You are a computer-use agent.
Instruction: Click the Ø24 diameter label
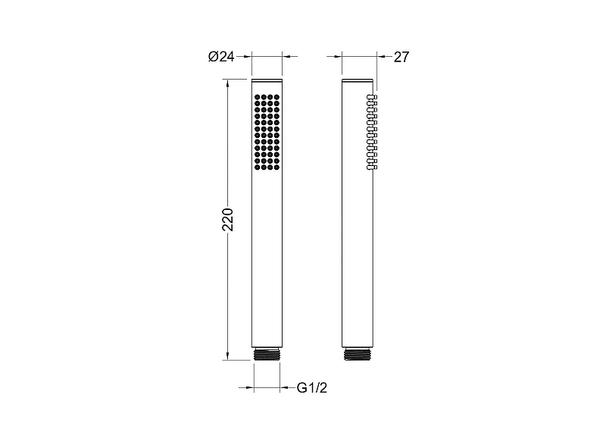coord(221,57)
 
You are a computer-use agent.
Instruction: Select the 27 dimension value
coord(401,58)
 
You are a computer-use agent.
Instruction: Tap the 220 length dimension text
coord(228,219)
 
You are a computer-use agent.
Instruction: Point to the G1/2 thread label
coord(311,387)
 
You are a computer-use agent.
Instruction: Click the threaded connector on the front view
coord(267,354)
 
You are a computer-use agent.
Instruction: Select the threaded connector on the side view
coord(357,354)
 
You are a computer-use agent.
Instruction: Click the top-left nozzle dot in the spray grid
coord(258,97)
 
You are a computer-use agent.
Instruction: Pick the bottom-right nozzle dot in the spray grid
coord(276,167)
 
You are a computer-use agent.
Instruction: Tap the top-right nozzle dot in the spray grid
coord(276,97)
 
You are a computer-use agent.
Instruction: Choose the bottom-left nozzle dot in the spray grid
coord(258,167)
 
